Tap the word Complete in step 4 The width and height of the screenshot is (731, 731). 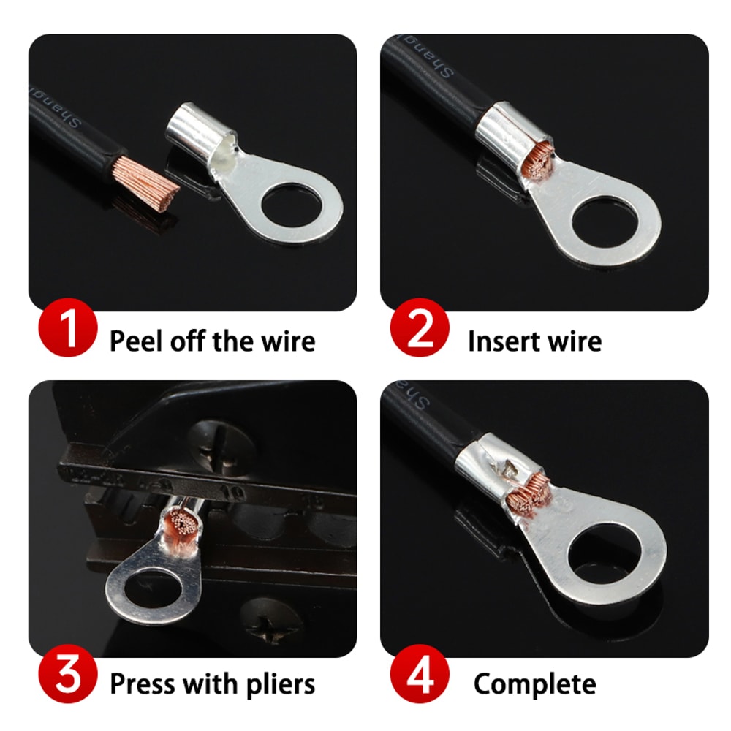[534, 685]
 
